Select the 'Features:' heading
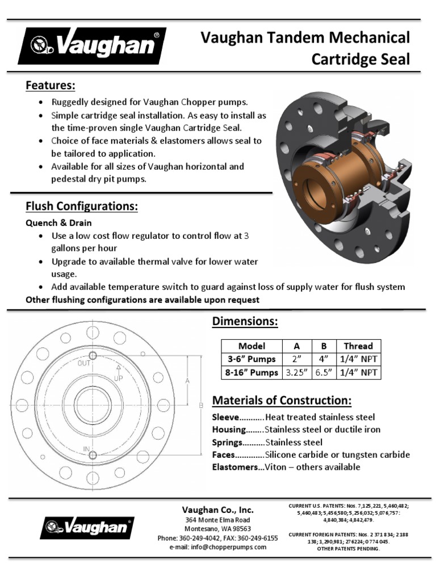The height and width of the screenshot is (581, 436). (x=51, y=86)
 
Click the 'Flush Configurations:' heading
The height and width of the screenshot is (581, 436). (x=82, y=207)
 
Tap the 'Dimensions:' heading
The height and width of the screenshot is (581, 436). (x=245, y=322)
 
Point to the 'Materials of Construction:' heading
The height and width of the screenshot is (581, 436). (x=282, y=401)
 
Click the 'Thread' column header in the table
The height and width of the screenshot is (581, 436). (x=358, y=346)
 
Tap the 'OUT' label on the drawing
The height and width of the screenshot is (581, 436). (x=84, y=363)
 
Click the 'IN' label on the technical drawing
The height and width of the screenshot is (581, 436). (x=87, y=449)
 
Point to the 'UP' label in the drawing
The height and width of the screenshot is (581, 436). (x=119, y=377)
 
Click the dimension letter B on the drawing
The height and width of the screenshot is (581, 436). (x=200, y=405)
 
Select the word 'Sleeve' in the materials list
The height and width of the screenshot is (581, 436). (x=225, y=417)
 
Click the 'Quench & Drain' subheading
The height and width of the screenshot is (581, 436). (x=58, y=223)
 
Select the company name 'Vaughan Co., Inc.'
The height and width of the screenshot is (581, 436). (x=217, y=510)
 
